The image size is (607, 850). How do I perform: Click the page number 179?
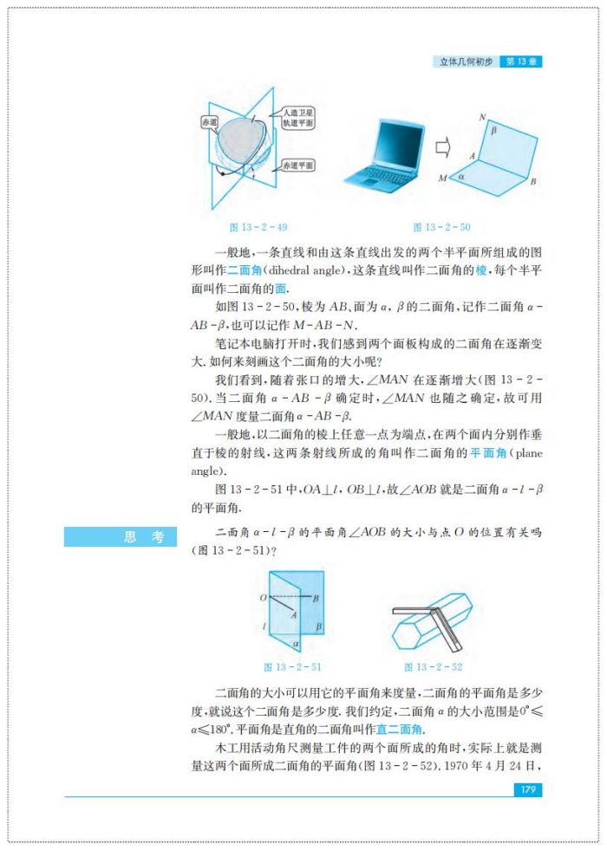click(x=526, y=789)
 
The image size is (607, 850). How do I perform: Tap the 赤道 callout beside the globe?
click(x=209, y=122)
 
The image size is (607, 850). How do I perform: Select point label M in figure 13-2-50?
click(x=442, y=178)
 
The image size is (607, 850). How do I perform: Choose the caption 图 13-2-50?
click(x=441, y=227)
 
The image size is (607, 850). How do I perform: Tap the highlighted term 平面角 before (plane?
click(x=488, y=454)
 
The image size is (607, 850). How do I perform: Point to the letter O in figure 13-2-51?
click(x=263, y=598)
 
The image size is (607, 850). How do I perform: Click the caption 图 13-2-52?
click(x=433, y=666)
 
